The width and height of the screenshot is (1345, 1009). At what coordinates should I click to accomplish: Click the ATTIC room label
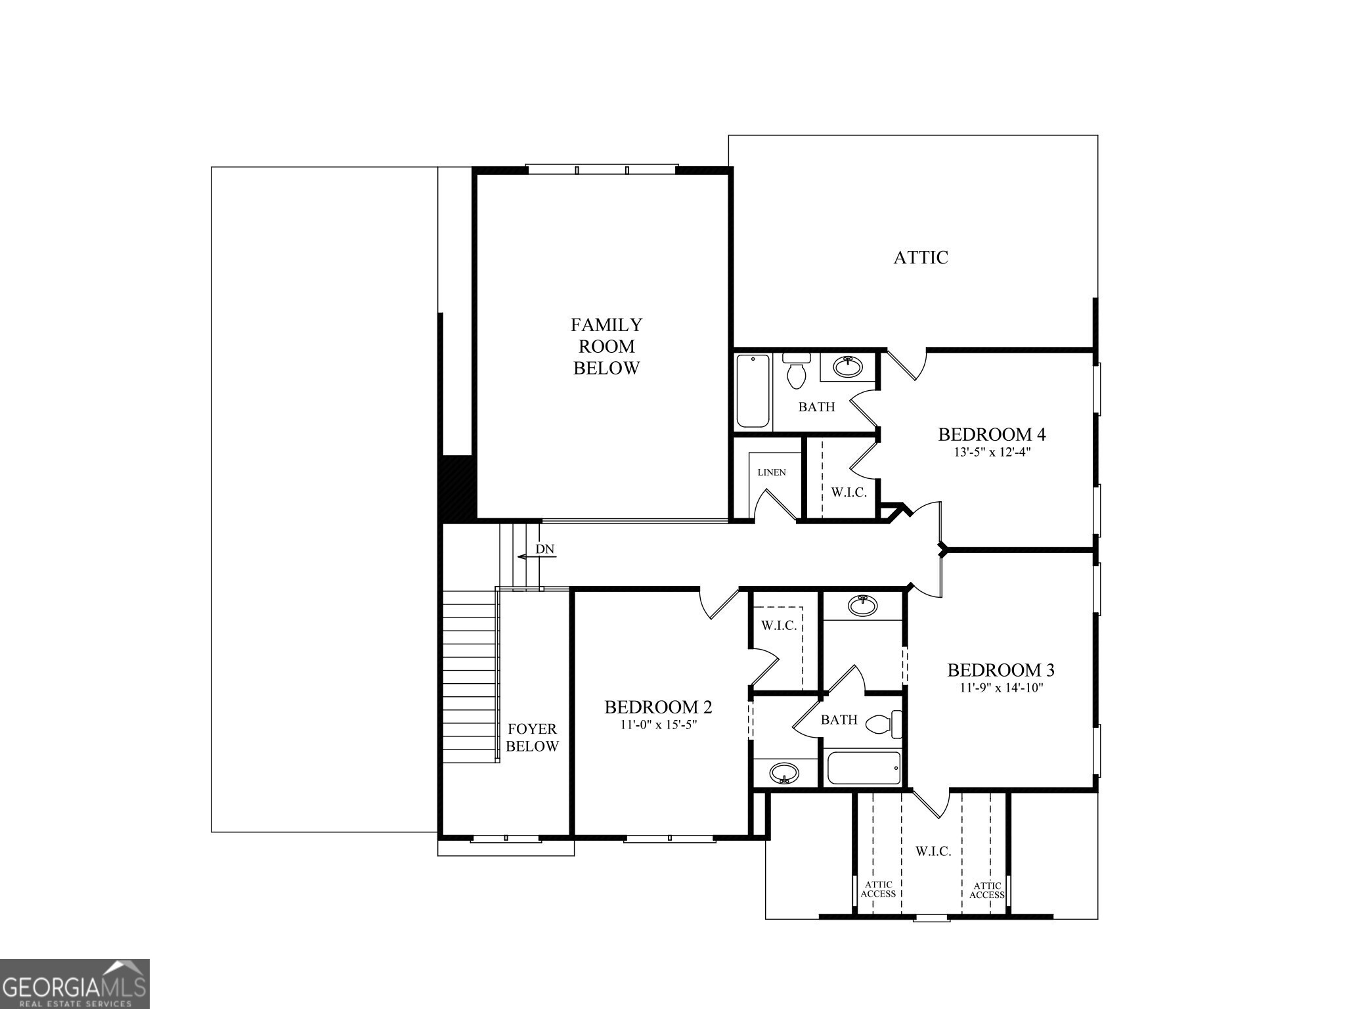pyautogui.click(x=920, y=258)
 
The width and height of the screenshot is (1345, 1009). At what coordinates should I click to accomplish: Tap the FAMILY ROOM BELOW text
pyautogui.click(x=606, y=346)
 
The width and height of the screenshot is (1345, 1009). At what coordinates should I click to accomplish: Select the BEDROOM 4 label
pyautogui.click(x=991, y=434)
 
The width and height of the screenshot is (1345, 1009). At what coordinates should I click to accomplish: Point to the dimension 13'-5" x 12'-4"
pyautogui.click(x=992, y=453)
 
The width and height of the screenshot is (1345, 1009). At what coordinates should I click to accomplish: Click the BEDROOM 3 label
pyautogui.click(x=1000, y=670)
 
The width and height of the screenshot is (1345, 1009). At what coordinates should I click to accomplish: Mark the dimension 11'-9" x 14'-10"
pyautogui.click(x=1001, y=688)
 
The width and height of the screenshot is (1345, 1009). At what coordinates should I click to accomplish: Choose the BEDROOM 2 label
pyautogui.click(x=658, y=707)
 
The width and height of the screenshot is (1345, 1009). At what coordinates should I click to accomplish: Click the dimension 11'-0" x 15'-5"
pyautogui.click(x=658, y=725)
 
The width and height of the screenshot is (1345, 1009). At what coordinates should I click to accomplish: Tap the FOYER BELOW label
pyautogui.click(x=532, y=737)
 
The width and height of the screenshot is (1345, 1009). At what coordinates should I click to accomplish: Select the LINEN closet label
pyautogui.click(x=771, y=472)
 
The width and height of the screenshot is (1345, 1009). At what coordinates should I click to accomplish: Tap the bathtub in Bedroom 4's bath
pyautogui.click(x=753, y=391)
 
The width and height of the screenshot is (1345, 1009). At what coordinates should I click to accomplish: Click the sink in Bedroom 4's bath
pyautogui.click(x=849, y=366)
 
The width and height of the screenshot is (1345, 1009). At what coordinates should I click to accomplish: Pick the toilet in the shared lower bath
pyautogui.click(x=883, y=724)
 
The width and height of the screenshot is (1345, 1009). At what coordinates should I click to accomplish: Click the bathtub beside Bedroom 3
pyautogui.click(x=863, y=768)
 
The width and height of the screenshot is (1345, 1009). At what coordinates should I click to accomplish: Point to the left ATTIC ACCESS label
pyautogui.click(x=878, y=889)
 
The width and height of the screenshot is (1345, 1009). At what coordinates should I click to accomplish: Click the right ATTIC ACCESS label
pyautogui.click(x=987, y=890)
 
